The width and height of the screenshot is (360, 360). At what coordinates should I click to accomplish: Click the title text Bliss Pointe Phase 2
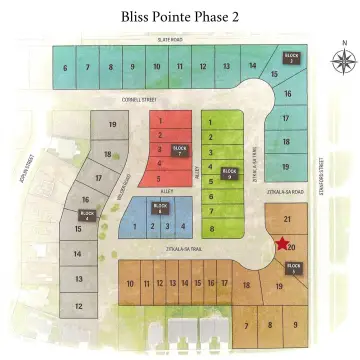click(181, 16)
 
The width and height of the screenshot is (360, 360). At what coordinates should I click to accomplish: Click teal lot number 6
click(65, 68)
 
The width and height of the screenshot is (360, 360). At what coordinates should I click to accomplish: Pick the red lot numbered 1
click(158, 119)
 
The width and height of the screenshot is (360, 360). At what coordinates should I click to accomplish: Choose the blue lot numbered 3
click(167, 227)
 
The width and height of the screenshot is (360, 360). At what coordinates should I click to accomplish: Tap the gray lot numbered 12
click(78, 305)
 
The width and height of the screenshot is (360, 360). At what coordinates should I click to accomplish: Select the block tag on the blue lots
click(159, 209)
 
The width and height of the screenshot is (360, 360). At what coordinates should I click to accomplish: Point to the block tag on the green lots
click(229, 169)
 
